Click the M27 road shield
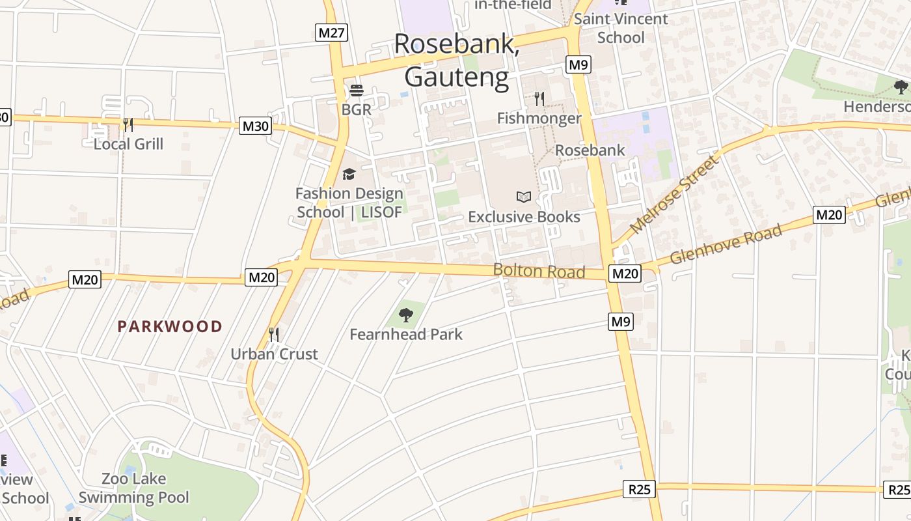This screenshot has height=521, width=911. tap(332, 33)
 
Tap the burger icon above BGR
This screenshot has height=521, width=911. tap(356, 90)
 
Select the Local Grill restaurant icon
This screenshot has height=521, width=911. tap(128, 124)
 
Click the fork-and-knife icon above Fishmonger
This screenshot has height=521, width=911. tap(539, 99)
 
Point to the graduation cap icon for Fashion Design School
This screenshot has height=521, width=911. tap(349, 174)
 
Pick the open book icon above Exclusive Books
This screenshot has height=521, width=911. tap(524, 197)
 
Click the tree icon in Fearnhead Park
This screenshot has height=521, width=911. tap(406, 315)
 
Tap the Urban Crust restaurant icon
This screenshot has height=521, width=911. tap(274, 335)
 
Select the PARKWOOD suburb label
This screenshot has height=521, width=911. tap(170, 327)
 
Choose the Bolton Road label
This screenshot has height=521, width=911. tap(539, 271)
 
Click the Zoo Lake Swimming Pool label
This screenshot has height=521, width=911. tap(134, 488)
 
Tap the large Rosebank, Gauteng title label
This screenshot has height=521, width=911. tap(456, 60)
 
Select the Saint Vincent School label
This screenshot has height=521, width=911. tap(620, 28)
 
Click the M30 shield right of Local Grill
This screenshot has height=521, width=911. tap(255, 126)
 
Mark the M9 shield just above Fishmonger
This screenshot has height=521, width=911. tap(578, 64)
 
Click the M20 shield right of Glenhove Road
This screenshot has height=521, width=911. tap(829, 215)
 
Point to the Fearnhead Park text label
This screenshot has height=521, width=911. tap(406, 335)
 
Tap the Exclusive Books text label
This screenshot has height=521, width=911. tap(524, 217)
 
